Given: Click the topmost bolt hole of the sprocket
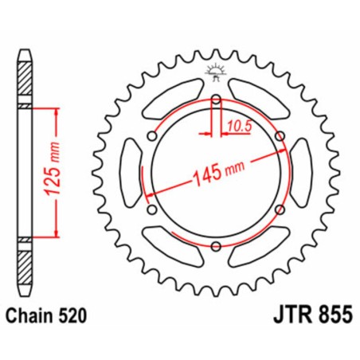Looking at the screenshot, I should pos(216,99).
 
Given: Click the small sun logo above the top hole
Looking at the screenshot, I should pos(216,71).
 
